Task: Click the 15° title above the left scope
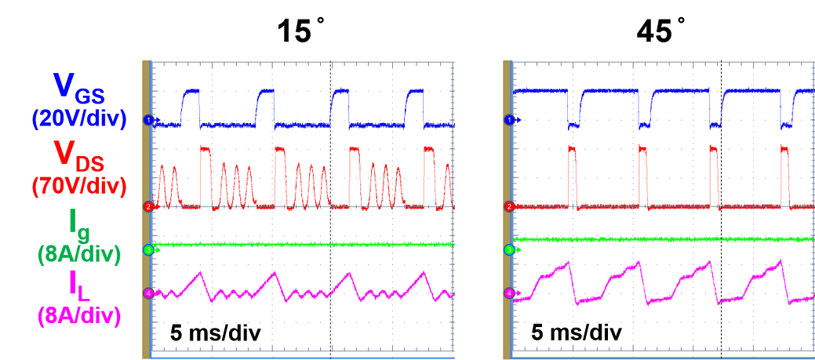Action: pos(302,31)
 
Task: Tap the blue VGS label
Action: pos(78,85)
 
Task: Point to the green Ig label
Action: pos(78,222)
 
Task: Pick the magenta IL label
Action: pos(78,286)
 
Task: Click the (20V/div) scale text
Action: pos(78,118)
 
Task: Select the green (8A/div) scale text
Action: pos(78,254)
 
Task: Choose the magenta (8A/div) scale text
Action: pos(78,316)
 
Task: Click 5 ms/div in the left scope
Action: pos(216,333)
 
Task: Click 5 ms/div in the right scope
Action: pos(577,333)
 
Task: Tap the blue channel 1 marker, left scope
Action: pos(147,119)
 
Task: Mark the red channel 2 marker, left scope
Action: pos(147,206)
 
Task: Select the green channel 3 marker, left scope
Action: pos(147,249)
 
